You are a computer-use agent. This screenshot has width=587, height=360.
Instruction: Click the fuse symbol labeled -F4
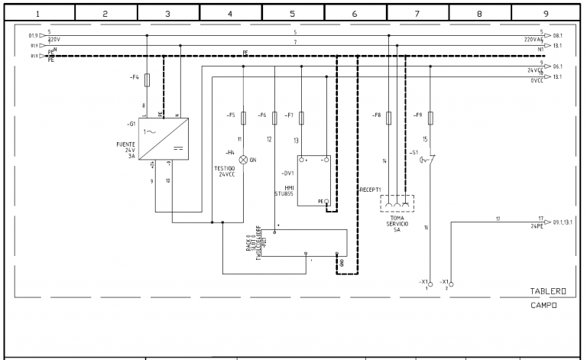point(147,79)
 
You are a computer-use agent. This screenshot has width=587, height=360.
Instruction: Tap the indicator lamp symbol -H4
point(243,160)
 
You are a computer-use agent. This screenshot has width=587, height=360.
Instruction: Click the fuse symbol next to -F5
point(243,118)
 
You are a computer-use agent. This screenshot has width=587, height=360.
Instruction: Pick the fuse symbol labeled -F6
point(273,118)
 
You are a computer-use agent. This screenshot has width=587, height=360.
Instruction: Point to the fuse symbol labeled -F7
point(301,118)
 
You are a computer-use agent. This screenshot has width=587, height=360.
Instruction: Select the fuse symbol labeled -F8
point(389,118)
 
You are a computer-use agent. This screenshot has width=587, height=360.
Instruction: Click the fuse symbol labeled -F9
point(431,118)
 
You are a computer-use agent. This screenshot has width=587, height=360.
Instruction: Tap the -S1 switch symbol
point(430,161)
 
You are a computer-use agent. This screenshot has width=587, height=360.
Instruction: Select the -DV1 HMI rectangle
point(314,180)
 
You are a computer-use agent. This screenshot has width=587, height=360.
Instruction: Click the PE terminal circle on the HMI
point(326,202)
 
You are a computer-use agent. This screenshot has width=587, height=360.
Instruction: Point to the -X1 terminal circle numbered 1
point(430,284)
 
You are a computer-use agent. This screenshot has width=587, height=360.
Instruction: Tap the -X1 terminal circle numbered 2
point(452,284)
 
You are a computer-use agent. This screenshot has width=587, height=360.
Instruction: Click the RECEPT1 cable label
point(371,189)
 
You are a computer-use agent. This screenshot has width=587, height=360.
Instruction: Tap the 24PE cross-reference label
point(537,225)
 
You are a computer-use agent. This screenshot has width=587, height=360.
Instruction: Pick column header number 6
point(355,13)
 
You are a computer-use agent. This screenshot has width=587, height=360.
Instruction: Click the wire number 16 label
point(426,228)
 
